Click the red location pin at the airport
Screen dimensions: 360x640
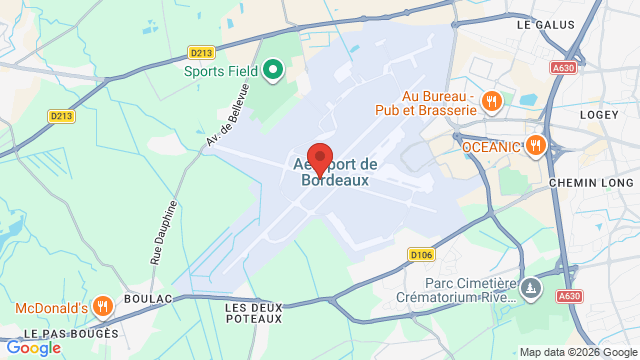tap(320, 159)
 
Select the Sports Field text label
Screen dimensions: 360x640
tap(220, 71)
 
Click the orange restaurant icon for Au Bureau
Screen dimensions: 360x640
tap(491, 100)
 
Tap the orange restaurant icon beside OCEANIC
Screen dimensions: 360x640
tap(536, 146)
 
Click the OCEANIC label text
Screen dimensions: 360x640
tap(492, 147)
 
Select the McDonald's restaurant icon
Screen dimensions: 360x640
tap(101, 305)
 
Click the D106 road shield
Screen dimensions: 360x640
tap(421, 255)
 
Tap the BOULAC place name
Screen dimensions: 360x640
tap(148, 298)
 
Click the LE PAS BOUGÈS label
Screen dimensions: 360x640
tap(72, 333)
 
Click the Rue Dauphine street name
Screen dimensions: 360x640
tap(164, 233)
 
